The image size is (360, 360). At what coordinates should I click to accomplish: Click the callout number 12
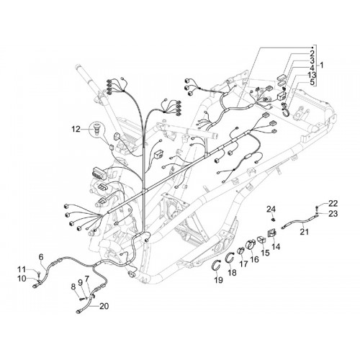coord(76,130)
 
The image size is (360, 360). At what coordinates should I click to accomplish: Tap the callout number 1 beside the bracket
coord(322,65)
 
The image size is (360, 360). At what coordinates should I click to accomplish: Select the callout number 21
coord(305,232)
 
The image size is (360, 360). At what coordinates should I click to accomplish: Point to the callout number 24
coord(271,210)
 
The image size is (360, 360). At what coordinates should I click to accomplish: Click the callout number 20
coord(104,306)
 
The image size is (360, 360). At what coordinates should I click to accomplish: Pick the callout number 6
coord(41,257)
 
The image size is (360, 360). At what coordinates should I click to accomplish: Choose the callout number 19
coord(218,280)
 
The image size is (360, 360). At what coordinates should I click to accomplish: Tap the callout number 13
coord(312,75)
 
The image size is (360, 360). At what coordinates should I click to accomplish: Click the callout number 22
coord(333,204)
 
